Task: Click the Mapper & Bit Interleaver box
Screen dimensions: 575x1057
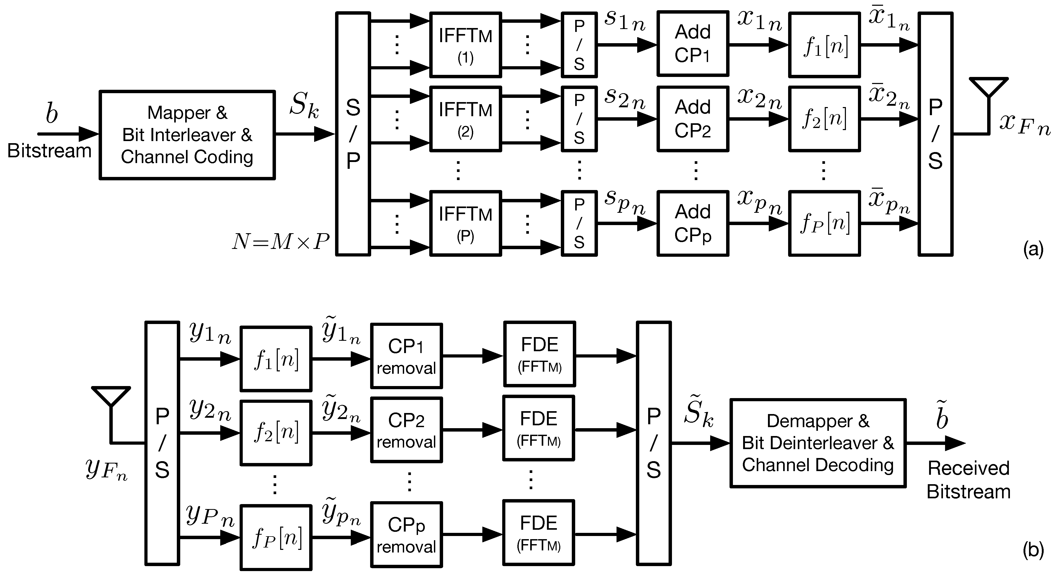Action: point(187,135)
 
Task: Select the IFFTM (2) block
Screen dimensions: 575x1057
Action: point(465,119)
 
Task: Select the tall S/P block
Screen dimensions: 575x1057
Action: point(353,134)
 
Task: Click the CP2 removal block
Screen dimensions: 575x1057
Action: point(406,430)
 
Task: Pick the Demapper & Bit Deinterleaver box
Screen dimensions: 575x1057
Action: point(818,443)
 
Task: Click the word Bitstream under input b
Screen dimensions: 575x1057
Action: point(49,151)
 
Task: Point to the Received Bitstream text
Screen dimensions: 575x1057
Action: point(968,480)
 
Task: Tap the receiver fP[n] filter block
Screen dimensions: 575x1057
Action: point(276,538)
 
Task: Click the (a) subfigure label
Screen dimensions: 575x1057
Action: point(1033,249)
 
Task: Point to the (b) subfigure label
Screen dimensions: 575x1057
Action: point(1033,550)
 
